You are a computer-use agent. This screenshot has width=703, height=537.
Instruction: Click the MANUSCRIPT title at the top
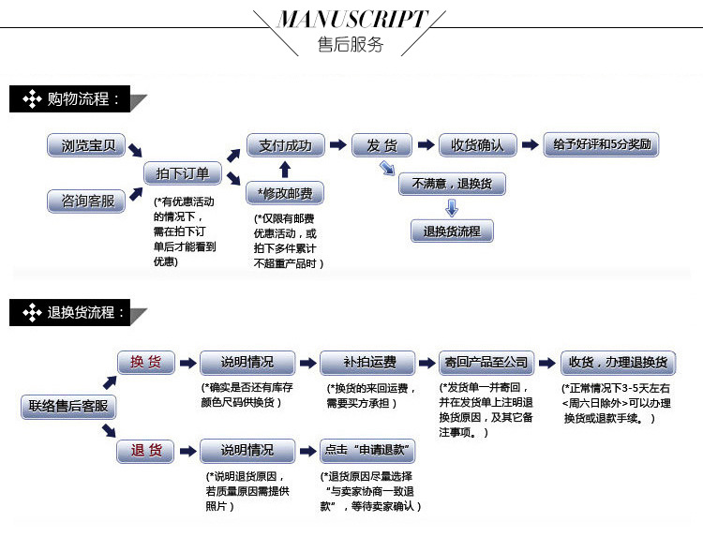[351, 20]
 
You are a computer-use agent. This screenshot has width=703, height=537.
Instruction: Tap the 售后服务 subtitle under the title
[351, 45]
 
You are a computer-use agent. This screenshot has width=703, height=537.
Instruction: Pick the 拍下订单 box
[183, 173]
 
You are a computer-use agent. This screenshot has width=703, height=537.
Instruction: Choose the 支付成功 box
[285, 145]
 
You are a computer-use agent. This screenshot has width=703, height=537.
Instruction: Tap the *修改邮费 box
[285, 194]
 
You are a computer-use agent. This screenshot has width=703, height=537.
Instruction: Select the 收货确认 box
[477, 145]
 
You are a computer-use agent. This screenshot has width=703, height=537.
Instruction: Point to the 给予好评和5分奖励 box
[601, 145]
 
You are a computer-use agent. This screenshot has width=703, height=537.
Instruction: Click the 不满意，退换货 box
[452, 184]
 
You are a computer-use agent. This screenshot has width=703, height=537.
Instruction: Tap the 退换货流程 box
[452, 231]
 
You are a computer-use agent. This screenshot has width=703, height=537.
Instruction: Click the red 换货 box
[145, 363]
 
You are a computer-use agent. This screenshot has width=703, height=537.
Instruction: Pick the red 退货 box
[145, 451]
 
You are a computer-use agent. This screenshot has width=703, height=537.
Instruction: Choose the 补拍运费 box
[367, 363]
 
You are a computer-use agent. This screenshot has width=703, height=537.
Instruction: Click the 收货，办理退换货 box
[618, 363]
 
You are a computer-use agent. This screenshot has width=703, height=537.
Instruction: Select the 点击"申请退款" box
[367, 451]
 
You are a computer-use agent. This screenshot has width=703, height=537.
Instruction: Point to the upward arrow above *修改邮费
[285, 170]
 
